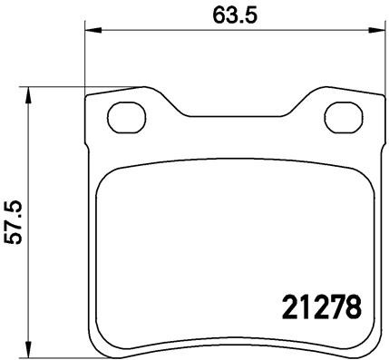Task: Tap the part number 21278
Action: [311, 306]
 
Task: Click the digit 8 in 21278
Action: [352, 306]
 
